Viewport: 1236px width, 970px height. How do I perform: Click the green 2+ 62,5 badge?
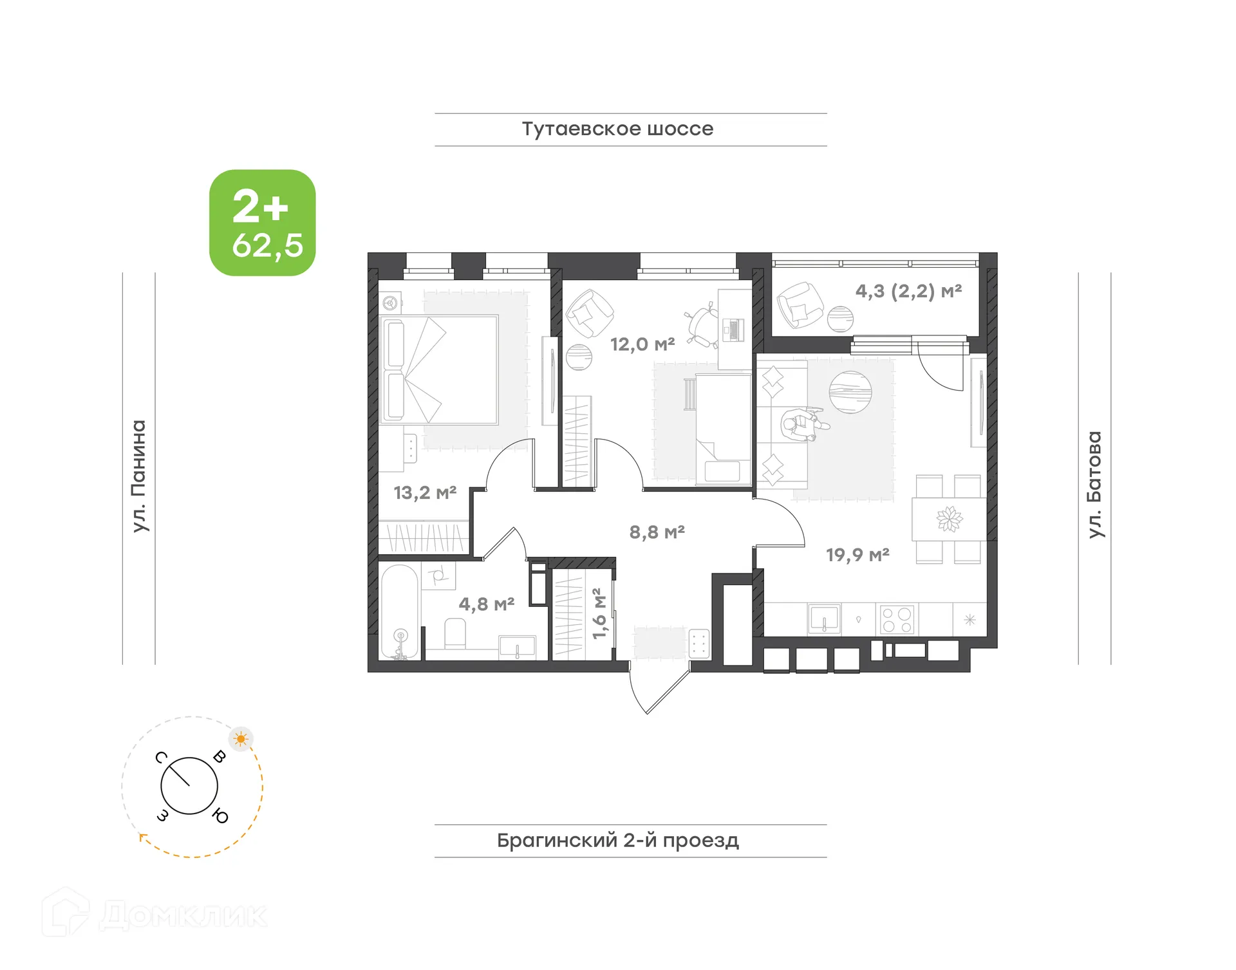tap(262, 223)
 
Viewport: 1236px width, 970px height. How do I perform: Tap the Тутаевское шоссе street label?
tap(617, 129)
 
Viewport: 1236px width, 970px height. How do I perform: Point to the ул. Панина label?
tap(139, 476)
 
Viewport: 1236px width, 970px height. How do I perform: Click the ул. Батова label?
tap(1094, 484)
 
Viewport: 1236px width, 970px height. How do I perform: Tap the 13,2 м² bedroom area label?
tap(425, 493)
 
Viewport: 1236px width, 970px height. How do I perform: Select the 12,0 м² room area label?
tap(642, 344)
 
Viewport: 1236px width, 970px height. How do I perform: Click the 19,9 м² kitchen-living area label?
tap(857, 554)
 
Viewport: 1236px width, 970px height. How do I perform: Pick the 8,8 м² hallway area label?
tap(657, 532)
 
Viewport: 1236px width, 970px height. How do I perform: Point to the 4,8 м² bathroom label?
tap(486, 604)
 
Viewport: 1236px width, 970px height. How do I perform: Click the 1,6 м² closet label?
tap(599, 613)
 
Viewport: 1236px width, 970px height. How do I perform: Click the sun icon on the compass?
tap(241, 739)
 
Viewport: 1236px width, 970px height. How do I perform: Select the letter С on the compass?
tap(162, 757)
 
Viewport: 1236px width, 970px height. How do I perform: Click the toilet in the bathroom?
tap(455, 633)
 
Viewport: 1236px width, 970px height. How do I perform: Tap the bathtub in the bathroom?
tap(400, 611)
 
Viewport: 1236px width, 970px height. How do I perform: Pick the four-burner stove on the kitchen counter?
tap(897, 620)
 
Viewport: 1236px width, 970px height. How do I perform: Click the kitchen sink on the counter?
tap(824, 619)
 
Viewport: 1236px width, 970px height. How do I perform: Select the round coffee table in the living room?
tap(850, 392)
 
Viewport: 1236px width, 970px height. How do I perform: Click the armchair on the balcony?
tap(800, 305)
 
